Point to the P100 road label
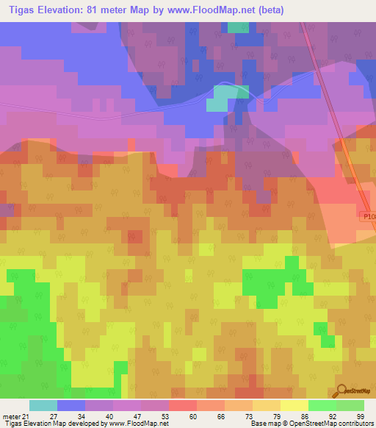pos(368,216)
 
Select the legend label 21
pos(25,416)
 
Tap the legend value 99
pos(360,416)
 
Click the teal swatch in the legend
pos(43,405)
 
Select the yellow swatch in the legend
pos(294,405)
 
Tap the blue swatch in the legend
pos(71,405)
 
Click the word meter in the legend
pos(10,416)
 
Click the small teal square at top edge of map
pos(238,27)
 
